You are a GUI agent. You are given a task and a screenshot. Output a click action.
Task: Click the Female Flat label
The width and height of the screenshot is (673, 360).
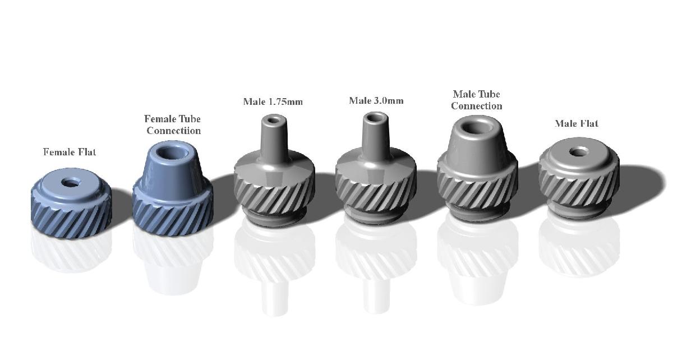tap(70, 152)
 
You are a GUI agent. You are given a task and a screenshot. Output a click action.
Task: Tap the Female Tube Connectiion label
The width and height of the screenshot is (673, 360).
tap(173, 124)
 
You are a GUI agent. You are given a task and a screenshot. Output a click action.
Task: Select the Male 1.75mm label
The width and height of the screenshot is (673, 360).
tap(273, 101)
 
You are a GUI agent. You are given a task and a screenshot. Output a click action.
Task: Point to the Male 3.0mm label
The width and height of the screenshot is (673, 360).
tap(376, 100)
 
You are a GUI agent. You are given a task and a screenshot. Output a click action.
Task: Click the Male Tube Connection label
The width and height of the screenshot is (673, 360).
tap(477, 100)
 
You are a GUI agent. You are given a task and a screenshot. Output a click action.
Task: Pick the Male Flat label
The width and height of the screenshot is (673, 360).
tap(577, 123)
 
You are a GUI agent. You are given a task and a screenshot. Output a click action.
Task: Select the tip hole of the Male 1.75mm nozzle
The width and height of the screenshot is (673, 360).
tap(274, 121)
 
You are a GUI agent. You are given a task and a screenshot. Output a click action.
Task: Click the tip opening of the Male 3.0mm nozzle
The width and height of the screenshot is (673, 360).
tap(376, 118)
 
